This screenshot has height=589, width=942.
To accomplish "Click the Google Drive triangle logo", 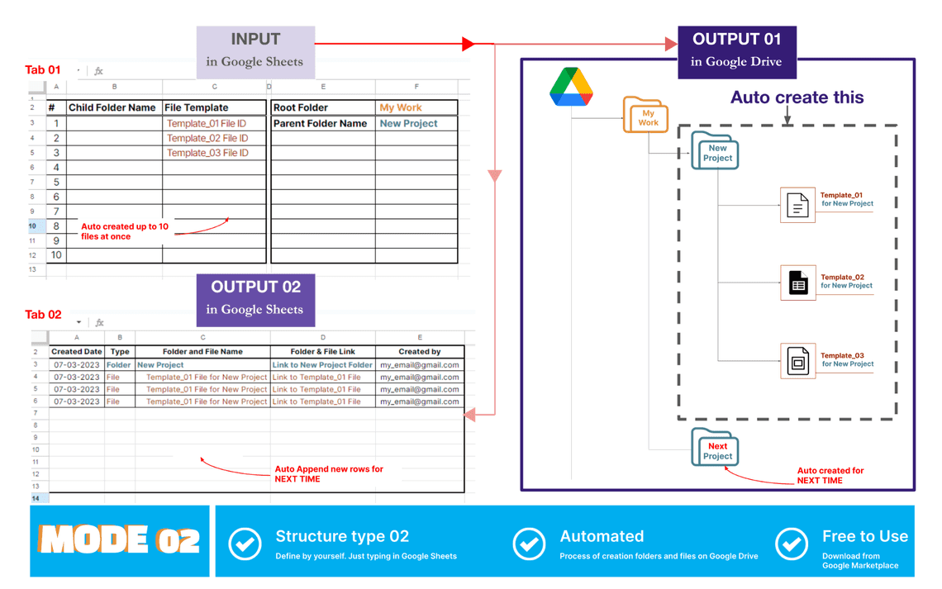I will (x=571, y=88).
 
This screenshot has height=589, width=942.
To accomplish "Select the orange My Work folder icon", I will (x=645, y=116).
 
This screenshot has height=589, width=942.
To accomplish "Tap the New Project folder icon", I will (x=715, y=151).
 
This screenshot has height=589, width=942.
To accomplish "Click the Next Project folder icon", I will (x=715, y=449).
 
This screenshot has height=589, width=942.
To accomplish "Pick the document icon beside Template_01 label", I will (x=797, y=204).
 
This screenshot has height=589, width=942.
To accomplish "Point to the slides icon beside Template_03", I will (x=797, y=361).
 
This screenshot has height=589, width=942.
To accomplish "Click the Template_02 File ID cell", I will (x=214, y=138).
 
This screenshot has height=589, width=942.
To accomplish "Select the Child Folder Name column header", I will (x=112, y=107).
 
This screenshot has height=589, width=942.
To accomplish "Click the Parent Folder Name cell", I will (x=321, y=123).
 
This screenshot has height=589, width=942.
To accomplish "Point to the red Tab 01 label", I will (x=43, y=70).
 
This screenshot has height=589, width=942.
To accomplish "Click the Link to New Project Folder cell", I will (x=322, y=364).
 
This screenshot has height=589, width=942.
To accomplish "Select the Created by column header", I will (x=420, y=351).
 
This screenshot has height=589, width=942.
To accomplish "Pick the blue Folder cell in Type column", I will (x=119, y=364).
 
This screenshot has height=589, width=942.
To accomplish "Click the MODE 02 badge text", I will (x=120, y=541).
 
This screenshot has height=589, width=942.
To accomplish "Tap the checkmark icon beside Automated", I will (x=529, y=544).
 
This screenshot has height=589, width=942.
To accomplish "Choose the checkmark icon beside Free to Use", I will (x=792, y=544).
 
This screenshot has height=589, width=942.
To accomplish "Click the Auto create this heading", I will (x=797, y=97).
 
